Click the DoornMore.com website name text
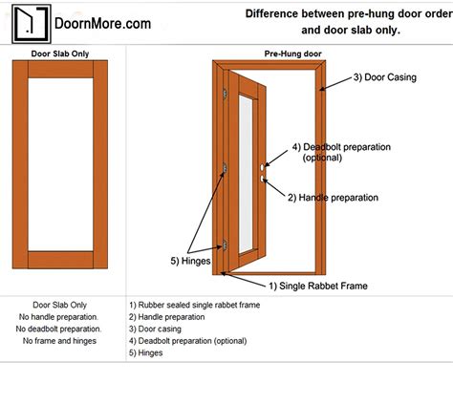[101, 21]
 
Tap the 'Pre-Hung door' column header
[291, 53]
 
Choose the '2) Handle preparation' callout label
[333, 198]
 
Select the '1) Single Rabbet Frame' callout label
[317, 286]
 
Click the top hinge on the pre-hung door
[225, 94]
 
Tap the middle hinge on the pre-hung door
[225, 168]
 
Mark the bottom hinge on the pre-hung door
[225, 245]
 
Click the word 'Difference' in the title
[276, 14]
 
